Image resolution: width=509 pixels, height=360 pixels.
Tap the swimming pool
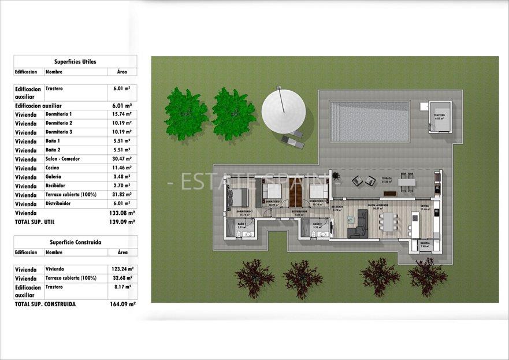coord(370,121)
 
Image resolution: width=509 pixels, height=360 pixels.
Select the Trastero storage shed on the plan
coord(440,117)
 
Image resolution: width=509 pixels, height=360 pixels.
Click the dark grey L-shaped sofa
coord(360,224)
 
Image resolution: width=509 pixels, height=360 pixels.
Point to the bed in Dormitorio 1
coord(237,198)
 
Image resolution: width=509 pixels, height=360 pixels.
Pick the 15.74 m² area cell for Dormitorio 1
coord(121,114)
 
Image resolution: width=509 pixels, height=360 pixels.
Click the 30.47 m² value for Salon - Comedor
coord(121,159)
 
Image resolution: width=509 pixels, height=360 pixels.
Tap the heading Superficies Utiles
coord(75,61)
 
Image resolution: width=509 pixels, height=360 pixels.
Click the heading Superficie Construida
coord(75,242)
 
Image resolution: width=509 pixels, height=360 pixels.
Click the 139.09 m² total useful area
coord(123,222)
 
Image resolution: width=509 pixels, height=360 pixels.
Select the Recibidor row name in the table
coord(56,185)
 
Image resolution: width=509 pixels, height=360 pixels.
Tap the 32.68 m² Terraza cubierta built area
coord(122,278)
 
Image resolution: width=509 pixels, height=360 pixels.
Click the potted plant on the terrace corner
coord(336,175)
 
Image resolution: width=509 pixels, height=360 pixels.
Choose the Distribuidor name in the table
coord(58,203)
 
